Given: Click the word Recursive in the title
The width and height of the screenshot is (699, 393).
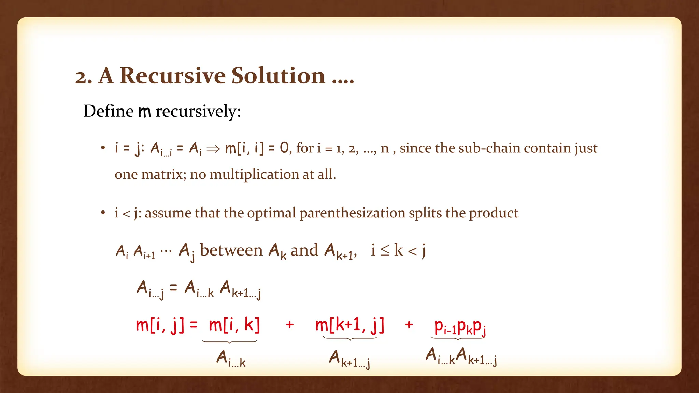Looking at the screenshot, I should coord(173,75).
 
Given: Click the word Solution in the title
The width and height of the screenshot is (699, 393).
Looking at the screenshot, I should coord(278,75).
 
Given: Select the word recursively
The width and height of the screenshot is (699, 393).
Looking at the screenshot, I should coord(198,112).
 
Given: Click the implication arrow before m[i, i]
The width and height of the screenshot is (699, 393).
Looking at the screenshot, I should coord(213,149).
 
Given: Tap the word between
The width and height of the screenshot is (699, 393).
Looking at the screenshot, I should coord(231,250).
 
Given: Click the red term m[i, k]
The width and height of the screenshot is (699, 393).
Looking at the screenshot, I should coord(234,325).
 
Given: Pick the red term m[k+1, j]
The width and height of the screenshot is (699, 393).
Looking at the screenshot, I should coord(350,325).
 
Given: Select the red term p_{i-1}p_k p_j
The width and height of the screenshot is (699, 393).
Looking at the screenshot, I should coord(460,327).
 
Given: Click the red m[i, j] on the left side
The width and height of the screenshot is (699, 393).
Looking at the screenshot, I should coord(160,325).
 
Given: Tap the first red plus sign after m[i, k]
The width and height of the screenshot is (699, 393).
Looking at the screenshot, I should coord(289,324).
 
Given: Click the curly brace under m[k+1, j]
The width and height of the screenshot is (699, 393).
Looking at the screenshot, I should coord(350,338).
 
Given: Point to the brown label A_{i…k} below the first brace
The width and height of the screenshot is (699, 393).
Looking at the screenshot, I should coord(231,359).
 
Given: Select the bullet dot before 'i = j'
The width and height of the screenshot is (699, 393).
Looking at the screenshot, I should coord(103,148).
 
